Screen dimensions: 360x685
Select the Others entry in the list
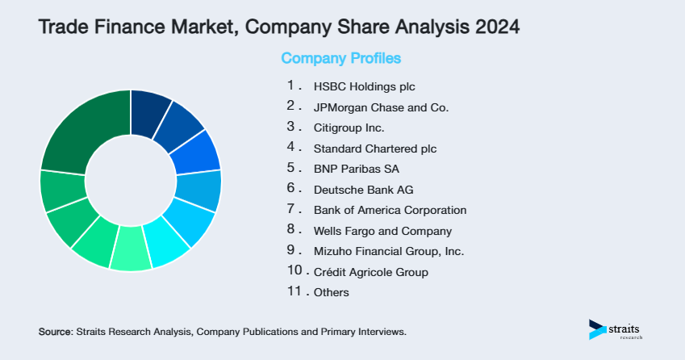coord(332,292)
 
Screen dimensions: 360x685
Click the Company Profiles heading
coord(340,58)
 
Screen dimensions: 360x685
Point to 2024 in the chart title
coord(494,27)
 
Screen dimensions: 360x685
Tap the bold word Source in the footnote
coord(55,332)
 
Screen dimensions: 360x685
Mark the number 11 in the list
coord(293,291)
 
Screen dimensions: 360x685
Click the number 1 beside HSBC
coord(291,85)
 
